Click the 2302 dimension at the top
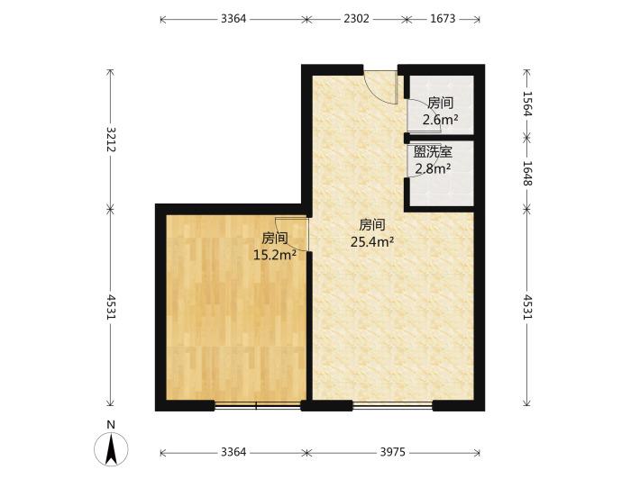(356, 19)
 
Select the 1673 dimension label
(443, 19)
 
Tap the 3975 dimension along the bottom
(393, 452)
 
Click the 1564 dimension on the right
(527, 104)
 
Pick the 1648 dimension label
(527, 173)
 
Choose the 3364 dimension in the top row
(233, 19)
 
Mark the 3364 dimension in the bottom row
(233, 452)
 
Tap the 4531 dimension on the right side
(527, 307)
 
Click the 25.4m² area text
(372, 242)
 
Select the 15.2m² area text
(275, 255)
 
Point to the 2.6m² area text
(441, 120)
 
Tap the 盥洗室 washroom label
(433, 152)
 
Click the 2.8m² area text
(433, 168)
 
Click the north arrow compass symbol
(111, 449)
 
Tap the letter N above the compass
(111, 425)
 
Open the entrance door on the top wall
(381, 87)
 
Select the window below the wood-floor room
(258, 406)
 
